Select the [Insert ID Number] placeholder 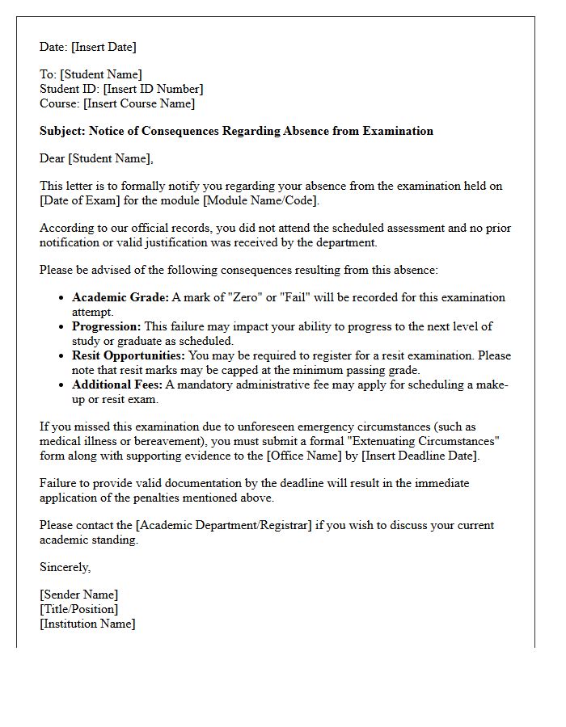(153, 89)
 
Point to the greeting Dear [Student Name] (96, 158)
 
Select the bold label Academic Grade (120, 297)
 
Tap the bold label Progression (106, 326)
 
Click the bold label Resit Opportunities (129, 355)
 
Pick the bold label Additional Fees (117, 385)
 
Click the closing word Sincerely (65, 567)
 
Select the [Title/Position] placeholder (78, 609)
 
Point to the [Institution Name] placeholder (87, 624)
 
